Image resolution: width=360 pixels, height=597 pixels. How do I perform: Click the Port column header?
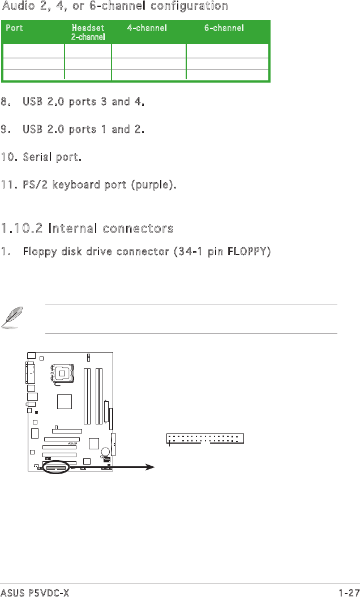click(14, 28)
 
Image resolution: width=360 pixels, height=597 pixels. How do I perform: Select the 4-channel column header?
click(147, 28)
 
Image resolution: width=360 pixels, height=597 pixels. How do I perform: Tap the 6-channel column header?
click(224, 28)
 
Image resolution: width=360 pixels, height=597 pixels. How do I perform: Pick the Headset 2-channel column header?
click(88, 32)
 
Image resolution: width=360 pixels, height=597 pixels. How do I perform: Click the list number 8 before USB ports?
click(5, 102)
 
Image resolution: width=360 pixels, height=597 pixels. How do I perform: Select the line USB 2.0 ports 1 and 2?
click(84, 130)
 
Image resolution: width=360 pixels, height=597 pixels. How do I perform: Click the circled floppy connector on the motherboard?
click(56, 467)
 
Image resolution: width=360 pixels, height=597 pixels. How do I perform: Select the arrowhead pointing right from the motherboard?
click(150, 467)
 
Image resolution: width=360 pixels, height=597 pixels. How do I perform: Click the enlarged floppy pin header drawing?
click(205, 438)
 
